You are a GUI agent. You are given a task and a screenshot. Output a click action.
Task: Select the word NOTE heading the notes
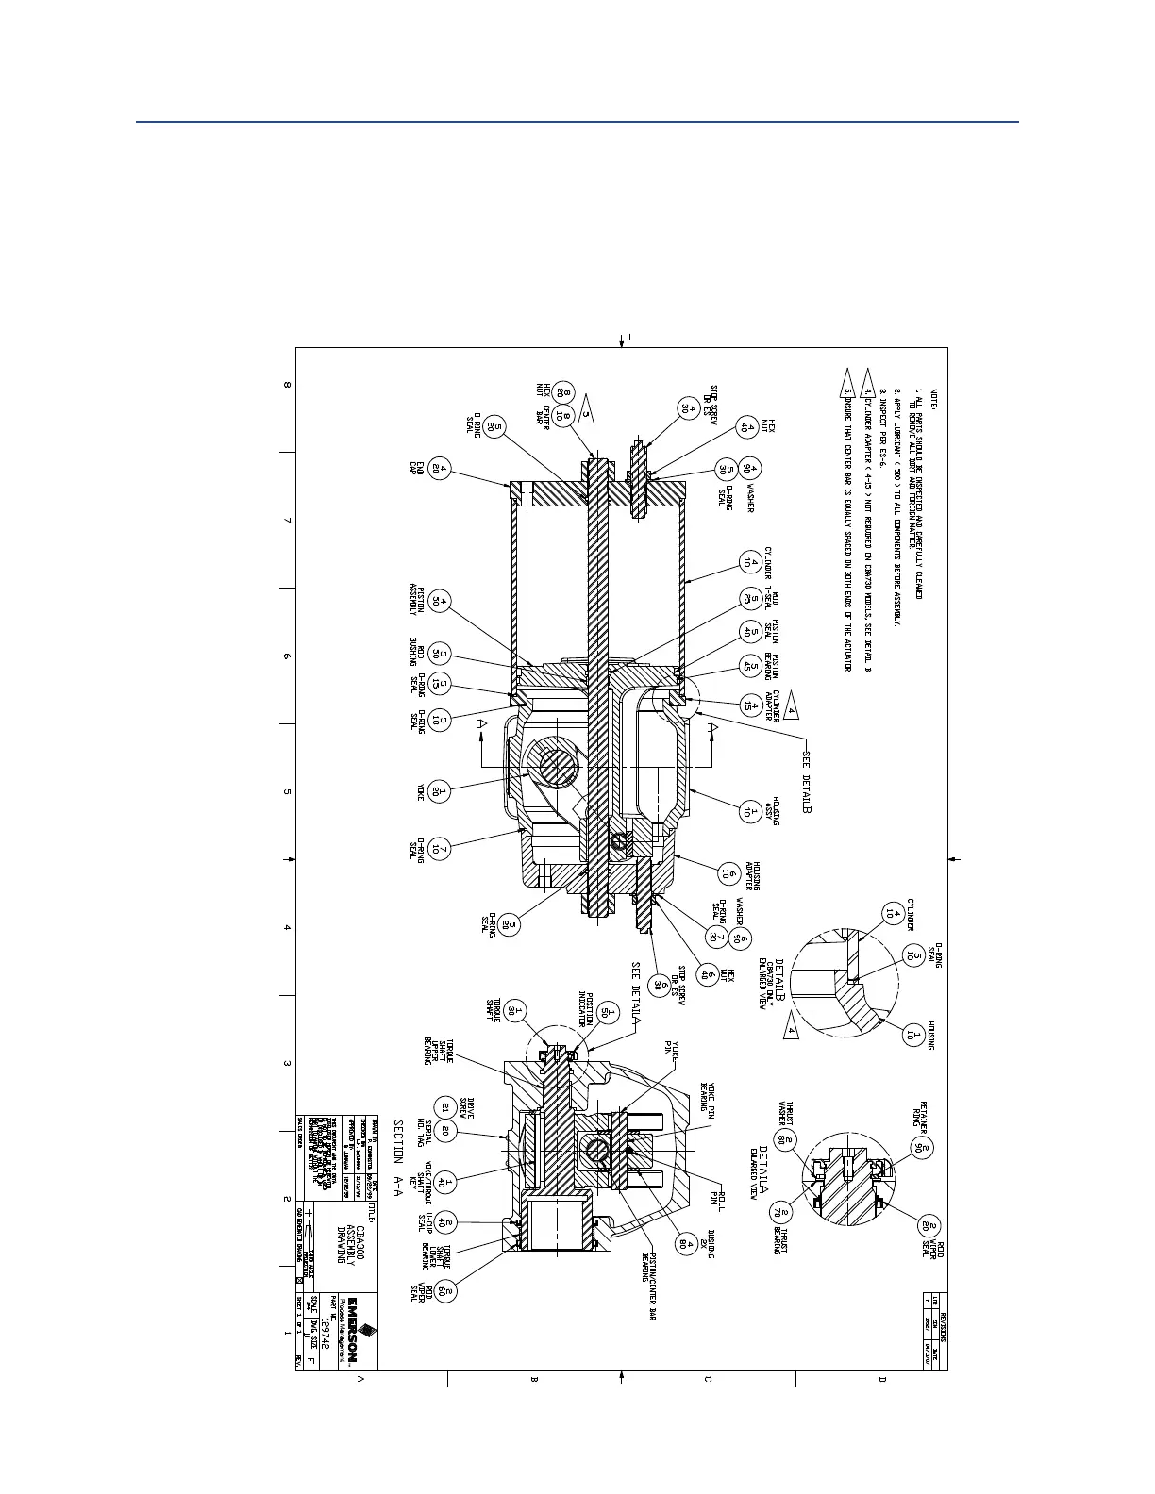tap(935, 397)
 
